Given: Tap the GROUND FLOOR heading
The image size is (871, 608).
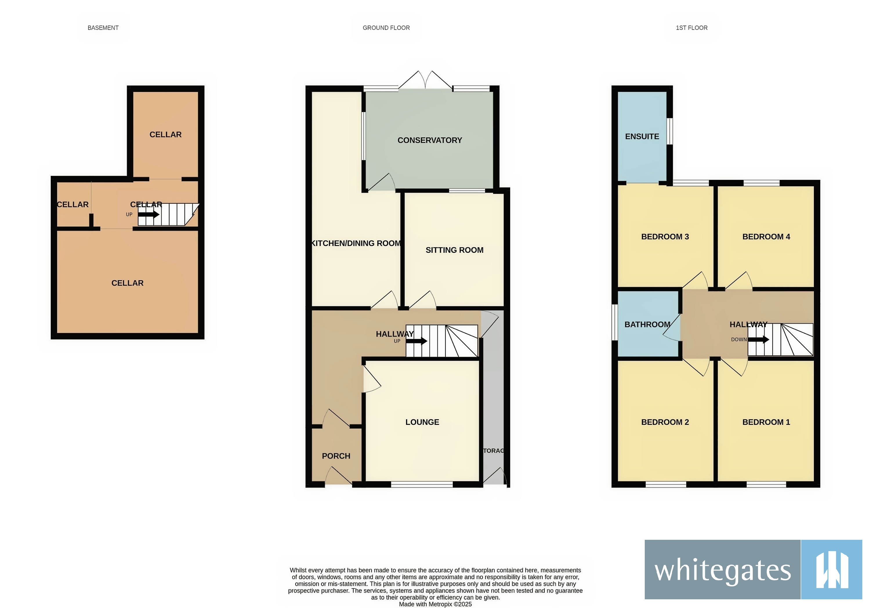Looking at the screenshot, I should [386, 28].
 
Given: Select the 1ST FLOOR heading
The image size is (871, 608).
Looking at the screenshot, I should [691, 28].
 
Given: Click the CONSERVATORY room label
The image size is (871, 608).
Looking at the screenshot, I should [430, 140].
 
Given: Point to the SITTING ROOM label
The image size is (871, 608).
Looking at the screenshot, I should [454, 250].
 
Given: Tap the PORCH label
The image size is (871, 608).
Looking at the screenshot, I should [336, 456].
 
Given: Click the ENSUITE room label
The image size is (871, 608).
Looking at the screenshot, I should [642, 137].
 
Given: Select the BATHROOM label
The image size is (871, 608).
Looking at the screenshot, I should [647, 324].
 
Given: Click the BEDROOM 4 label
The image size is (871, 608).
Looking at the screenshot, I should [766, 237].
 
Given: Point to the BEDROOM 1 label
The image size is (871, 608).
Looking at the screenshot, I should [766, 422].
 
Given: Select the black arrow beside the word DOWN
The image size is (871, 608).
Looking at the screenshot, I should [758, 339].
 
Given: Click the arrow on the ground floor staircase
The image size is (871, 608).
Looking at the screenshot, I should [417, 341].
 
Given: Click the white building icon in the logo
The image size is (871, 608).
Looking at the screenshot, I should [832, 570].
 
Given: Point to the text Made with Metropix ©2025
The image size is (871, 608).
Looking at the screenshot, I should [435, 604].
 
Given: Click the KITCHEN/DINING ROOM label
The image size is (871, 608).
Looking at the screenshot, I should [356, 243].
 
